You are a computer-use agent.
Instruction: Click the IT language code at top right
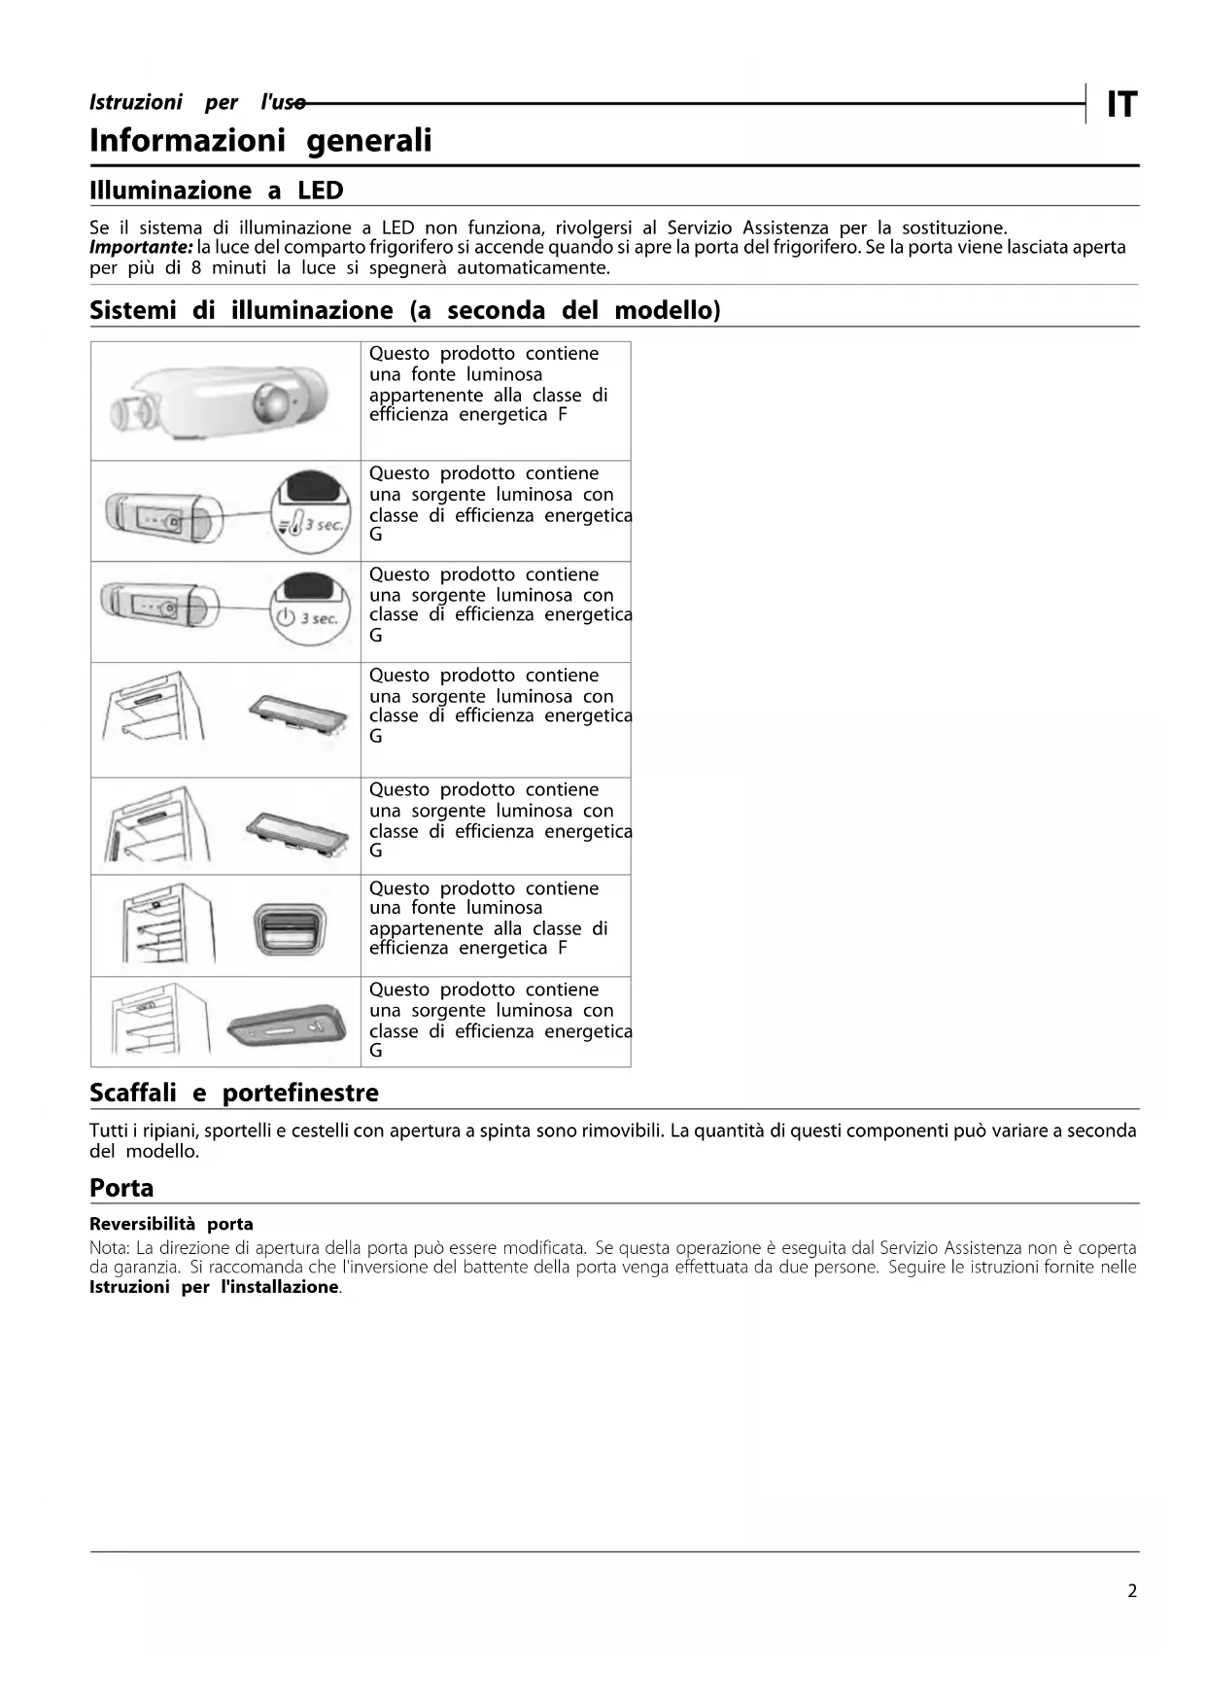pyautogui.click(x=1121, y=104)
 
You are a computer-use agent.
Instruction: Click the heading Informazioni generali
pyautogui.click(x=260, y=141)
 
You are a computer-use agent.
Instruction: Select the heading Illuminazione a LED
pyautogui.click(x=216, y=191)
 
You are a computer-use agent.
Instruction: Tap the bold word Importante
pyautogui.click(x=141, y=247)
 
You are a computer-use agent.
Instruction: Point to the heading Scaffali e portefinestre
pyautogui.click(x=233, y=1093)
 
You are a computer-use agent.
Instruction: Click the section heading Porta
pyautogui.click(x=121, y=1188)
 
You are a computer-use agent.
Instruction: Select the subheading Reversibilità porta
pyautogui.click(x=171, y=1224)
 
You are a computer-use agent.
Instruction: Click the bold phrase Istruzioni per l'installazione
pyautogui.click(x=214, y=1287)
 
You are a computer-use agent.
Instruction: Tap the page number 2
pyautogui.click(x=1131, y=1591)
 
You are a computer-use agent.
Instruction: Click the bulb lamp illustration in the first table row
pyautogui.click(x=223, y=401)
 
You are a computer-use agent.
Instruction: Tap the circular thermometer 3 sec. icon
pyautogui.click(x=310, y=511)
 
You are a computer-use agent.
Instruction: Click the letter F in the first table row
pyautogui.click(x=563, y=415)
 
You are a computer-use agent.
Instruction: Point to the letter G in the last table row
pyautogui.click(x=376, y=1051)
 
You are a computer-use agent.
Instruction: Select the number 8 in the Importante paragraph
pyautogui.click(x=196, y=268)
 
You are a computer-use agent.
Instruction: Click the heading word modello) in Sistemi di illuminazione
pyautogui.click(x=668, y=311)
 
